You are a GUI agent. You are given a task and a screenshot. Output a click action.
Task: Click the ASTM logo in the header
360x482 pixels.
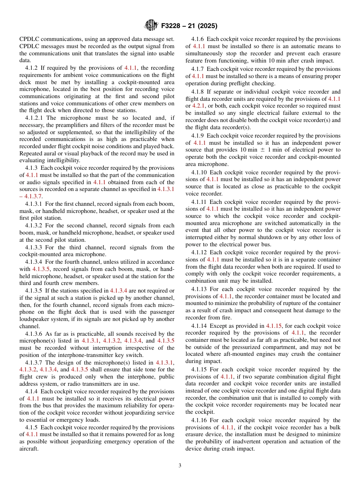[151, 26]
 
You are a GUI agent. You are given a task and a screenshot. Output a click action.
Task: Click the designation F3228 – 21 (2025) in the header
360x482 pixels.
[188, 26]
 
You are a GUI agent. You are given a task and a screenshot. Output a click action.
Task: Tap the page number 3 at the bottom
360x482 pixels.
[180, 465]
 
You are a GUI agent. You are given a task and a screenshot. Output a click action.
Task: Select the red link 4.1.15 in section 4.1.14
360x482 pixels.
[273, 326]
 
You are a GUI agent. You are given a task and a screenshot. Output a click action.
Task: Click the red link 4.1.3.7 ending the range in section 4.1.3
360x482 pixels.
[34, 196]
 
